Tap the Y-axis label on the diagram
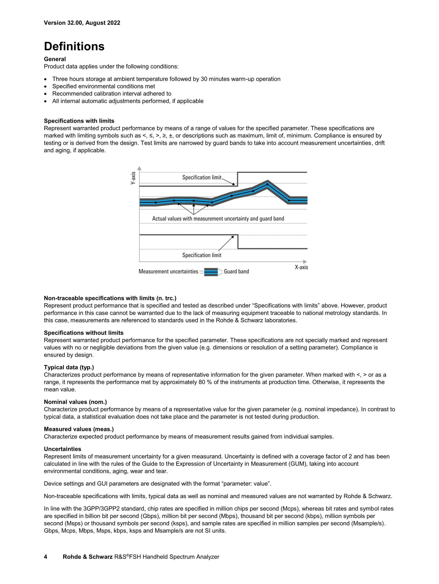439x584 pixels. click(133, 178)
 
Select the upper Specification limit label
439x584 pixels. click(202, 177)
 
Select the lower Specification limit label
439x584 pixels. click(202, 255)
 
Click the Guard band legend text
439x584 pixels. click(236, 271)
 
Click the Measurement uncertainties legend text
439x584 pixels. click(168, 271)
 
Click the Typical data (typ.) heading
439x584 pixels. click(69, 367)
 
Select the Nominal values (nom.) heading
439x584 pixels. click(75, 402)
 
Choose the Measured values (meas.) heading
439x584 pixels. click(79, 429)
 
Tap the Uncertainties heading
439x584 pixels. click(62, 449)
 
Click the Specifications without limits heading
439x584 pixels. click(83, 333)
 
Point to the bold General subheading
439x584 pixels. click(55, 59)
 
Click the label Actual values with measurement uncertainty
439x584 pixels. click(218, 219)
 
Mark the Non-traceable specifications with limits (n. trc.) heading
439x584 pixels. click(110, 298)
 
